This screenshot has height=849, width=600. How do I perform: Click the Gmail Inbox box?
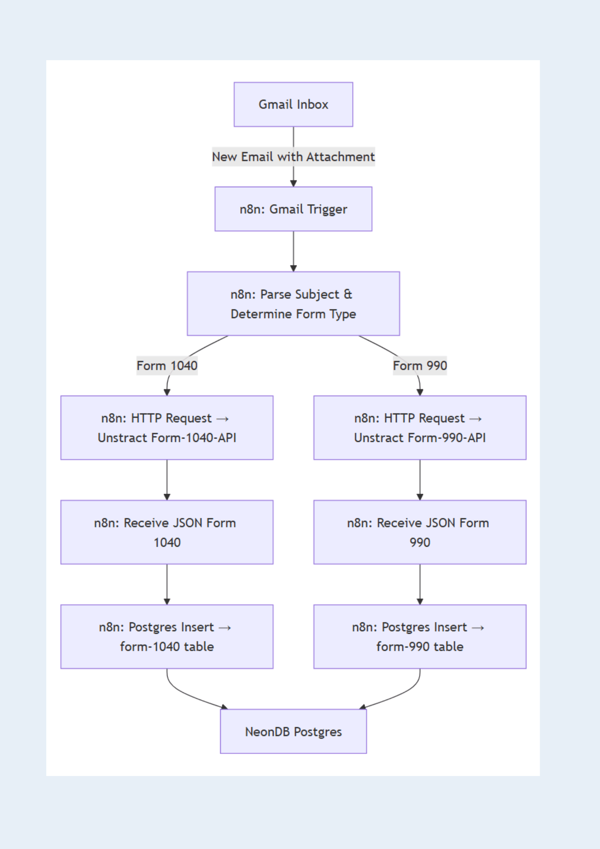(293, 104)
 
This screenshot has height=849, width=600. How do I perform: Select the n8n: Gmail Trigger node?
(293, 209)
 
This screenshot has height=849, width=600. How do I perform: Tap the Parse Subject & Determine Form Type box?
(293, 304)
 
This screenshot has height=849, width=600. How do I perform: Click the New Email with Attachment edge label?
(293, 157)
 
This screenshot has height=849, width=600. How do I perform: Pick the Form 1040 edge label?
(167, 365)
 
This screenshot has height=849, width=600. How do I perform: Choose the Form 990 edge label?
(420, 365)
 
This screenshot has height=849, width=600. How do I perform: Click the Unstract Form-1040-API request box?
(167, 427)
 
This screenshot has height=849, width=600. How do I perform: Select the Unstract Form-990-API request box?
(420, 427)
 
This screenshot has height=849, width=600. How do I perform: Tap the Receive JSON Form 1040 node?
(167, 532)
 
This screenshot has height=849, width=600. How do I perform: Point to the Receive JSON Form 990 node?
(420, 532)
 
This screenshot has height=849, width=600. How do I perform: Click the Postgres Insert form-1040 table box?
(167, 636)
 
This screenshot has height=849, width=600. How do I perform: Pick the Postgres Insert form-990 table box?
(420, 636)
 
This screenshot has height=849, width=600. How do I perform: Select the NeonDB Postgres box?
(293, 731)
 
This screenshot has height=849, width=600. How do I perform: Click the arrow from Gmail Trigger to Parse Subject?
(293, 250)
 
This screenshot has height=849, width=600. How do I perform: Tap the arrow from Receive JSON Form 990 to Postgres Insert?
(420, 584)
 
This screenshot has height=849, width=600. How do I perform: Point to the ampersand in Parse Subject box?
(348, 294)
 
